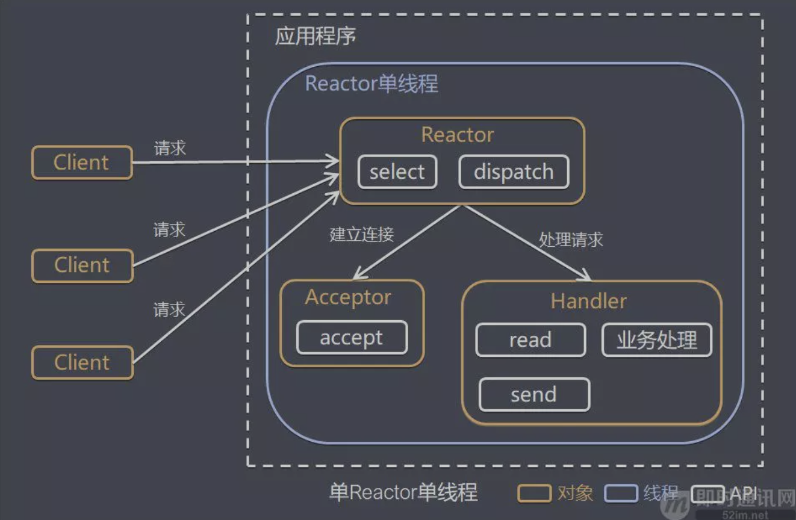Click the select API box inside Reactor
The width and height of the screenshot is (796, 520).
(x=397, y=172)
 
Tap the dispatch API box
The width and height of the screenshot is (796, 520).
(x=514, y=172)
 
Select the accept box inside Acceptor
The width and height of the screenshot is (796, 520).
(x=352, y=338)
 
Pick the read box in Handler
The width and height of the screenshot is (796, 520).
(x=530, y=340)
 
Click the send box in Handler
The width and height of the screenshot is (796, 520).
(x=534, y=395)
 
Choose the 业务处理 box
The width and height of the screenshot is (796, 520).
(x=657, y=340)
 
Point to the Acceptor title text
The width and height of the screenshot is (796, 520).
(x=348, y=297)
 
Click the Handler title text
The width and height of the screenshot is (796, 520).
(x=588, y=301)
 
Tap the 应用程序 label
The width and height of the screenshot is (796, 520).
(x=316, y=36)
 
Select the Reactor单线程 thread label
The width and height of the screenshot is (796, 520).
(x=372, y=84)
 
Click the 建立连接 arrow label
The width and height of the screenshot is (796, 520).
(x=362, y=234)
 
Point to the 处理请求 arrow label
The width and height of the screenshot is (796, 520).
(x=571, y=240)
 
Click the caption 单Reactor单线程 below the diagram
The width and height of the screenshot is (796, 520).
(x=403, y=492)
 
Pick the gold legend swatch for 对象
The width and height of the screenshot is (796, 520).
(x=534, y=494)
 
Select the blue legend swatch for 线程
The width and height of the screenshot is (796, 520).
(x=621, y=494)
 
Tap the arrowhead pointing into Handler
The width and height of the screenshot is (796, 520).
(x=586, y=277)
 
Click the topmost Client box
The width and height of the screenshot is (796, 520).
(x=82, y=162)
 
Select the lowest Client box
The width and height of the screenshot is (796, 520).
(x=82, y=362)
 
